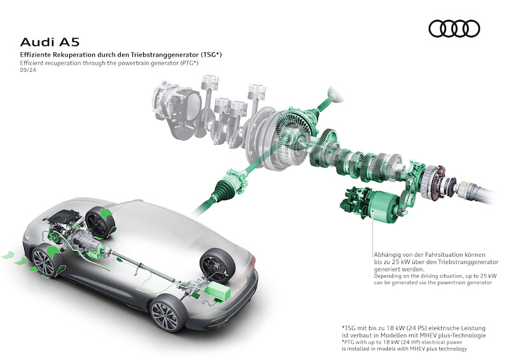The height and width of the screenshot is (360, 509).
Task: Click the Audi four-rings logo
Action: tap(454, 29)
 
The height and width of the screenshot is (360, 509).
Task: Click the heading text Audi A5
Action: tap(50, 42)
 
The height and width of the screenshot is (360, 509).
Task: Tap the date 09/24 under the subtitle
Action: tap(28, 70)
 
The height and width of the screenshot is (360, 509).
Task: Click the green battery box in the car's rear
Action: tap(219, 291)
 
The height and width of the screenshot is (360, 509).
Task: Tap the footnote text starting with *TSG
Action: tap(414, 331)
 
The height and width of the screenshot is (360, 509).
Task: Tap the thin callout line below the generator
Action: tap(373, 232)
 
